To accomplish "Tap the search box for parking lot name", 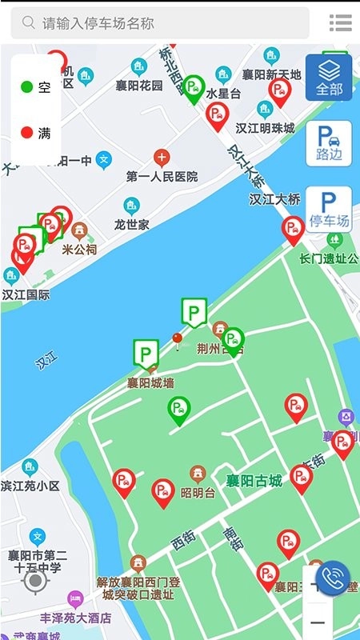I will tap(160, 23).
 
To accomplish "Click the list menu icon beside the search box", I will tap(341, 23).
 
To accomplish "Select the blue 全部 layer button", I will tap(329, 78).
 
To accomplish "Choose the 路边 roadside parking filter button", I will tap(329, 143).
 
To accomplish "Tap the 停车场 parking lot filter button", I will tap(329, 210).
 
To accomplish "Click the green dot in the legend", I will tap(26, 87).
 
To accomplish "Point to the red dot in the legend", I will tap(26, 132).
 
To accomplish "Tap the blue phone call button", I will tap(333, 578).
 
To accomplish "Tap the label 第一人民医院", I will tap(162, 176).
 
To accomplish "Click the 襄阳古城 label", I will tap(254, 481).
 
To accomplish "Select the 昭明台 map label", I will tap(198, 492).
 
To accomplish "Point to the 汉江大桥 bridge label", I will tap(274, 199).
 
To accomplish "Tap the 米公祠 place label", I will tap(79, 249).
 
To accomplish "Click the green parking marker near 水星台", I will tap(194, 87).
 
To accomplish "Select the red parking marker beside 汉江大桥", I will tap(294, 229).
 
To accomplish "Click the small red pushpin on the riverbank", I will tap(177, 340).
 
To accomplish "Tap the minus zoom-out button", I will tap(318, 622).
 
